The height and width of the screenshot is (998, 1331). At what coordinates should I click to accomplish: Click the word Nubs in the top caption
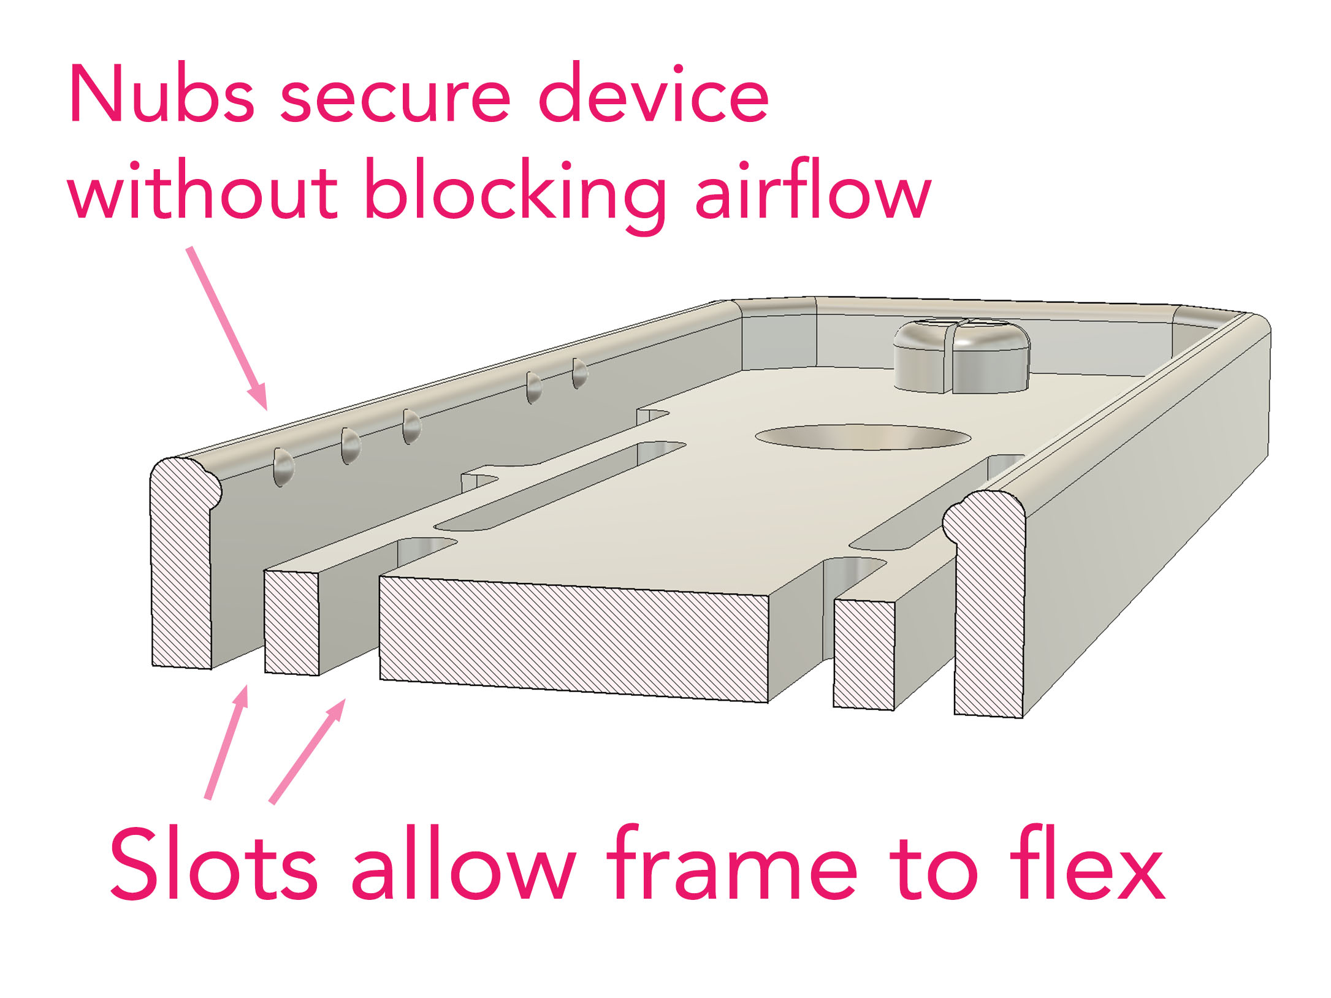pyautogui.click(x=161, y=95)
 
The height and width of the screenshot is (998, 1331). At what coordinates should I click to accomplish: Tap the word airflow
pyautogui.click(x=812, y=190)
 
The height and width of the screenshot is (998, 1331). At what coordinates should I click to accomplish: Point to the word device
pyautogui.click(x=653, y=95)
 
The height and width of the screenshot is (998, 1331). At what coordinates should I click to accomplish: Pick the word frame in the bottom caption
pyautogui.click(x=733, y=864)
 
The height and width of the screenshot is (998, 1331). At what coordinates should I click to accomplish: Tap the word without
pyautogui.click(x=202, y=190)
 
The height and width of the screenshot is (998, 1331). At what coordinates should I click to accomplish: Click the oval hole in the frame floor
pyautogui.click(x=863, y=436)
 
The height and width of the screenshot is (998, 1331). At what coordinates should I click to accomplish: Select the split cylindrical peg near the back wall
pyautogui.click(x=961, y=357)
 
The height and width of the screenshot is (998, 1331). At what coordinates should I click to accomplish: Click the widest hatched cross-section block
pyautogui.click(x=573, y=638)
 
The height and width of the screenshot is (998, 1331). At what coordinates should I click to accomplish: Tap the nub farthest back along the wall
pyautogui.click(x=579, y=373)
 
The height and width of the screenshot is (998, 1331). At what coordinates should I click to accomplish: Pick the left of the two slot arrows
pyautogui.click(x=227, y=742)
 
